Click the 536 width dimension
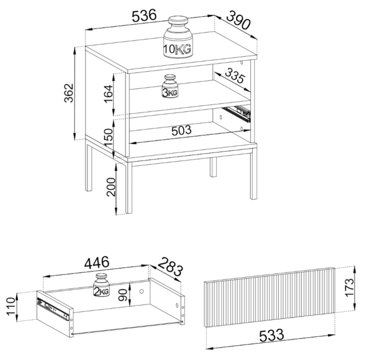click(x=143, y=16)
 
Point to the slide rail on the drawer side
click(x=52, y=308)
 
